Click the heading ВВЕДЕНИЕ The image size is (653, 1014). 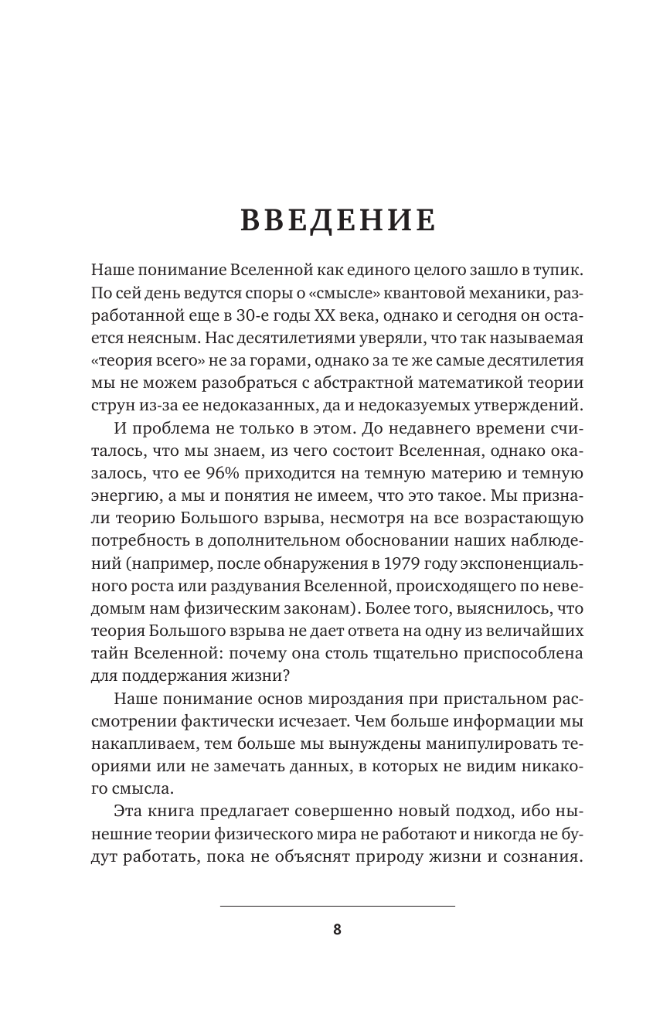click(x=338, y=219)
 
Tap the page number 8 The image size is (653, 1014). click(x=337, y=930)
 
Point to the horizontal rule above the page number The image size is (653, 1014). click(x=338, y=906)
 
